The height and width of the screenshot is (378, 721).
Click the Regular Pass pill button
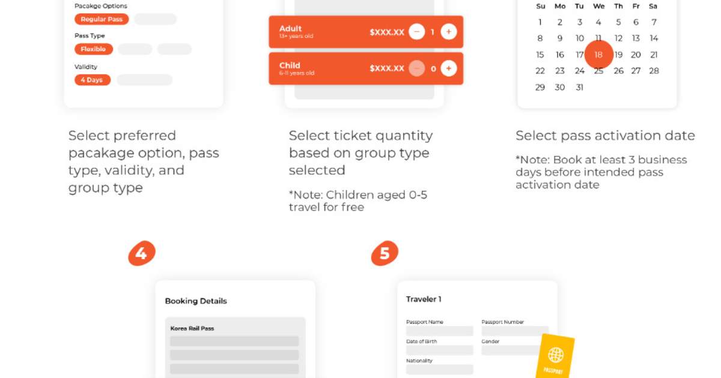click(x=102, y=19)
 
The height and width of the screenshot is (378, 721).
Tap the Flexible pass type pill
click(x=94, y=49)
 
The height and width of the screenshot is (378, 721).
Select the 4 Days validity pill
click(x=93, y=80)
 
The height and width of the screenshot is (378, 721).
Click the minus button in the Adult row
click(x=417, y=32)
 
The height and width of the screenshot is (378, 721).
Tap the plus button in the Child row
click(x=449, y=68)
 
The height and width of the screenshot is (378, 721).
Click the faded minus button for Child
click(x=417, y=68)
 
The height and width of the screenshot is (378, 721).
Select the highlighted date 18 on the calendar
click(x=598, y=55)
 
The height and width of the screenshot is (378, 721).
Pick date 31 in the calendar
click(x=579, y=88)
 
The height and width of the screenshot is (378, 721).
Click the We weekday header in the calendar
click(x=598, y=6)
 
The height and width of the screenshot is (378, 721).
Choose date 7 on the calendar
click(x=654, y=22)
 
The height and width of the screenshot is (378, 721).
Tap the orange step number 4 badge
click(x=142, y=253)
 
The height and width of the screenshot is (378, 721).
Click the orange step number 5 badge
click(x=385, y=253)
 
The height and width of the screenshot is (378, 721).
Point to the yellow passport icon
click(x=555, y=357)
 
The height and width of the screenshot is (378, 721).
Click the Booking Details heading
click(x=196, y=301)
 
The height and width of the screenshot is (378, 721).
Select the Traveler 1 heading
click(x=424, y=299)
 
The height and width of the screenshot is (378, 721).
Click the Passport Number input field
click(x=515, y=331)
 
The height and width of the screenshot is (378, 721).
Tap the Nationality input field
click(x=440, y=370)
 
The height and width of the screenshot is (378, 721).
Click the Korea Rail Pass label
click(x=192, y=329)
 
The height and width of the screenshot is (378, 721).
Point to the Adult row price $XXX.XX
click(x=387, y=32)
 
